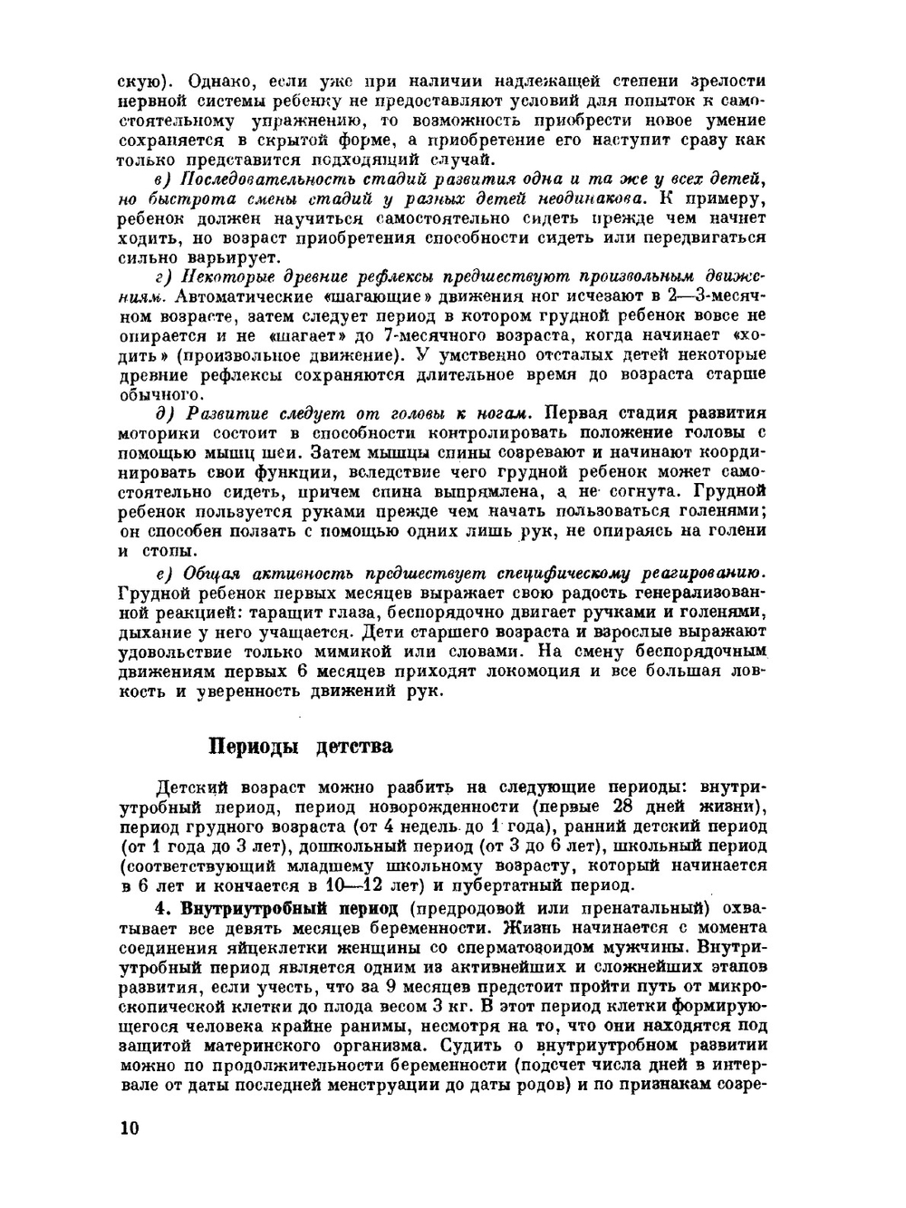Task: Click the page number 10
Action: [x=129, y=1128]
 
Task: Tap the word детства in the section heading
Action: [x=353, y=748]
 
